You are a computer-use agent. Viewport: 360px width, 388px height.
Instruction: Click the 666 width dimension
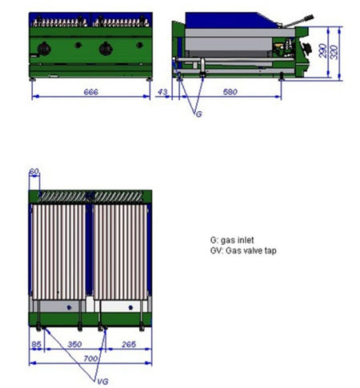point(91,92)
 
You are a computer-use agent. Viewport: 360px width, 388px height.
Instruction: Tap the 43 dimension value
point(162,92)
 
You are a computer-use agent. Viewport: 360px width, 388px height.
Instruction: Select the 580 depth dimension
point(230,92)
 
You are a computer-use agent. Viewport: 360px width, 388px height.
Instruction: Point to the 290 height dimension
point(322,50)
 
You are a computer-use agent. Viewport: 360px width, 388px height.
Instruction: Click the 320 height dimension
point(334,52)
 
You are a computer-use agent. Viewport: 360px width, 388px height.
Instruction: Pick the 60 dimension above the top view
point(34,171)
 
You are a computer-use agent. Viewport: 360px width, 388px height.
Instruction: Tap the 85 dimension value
point(36,344)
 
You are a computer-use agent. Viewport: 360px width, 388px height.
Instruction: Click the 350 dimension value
point(74,344)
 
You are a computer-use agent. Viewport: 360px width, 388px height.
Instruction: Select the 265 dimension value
point(129,344)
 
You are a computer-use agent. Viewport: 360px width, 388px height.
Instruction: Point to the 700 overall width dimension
point(90,358)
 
